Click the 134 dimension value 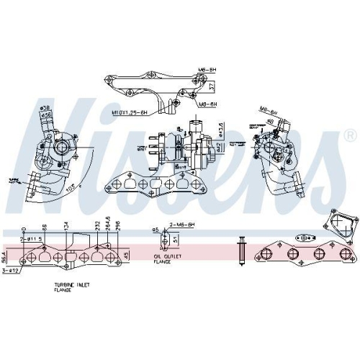(x=66, y=227)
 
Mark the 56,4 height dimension (x=4, y=255)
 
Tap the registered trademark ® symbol (x=349, y=135)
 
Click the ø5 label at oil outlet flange (x=155, y=230)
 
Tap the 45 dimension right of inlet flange (x=127, y=255)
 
